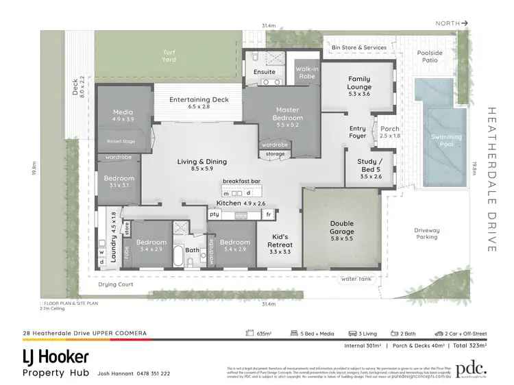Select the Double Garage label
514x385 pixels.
click(x=341, y=227)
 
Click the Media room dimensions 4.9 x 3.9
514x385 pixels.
click(x=123, y=119)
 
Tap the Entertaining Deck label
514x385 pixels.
click(x=198, y=100)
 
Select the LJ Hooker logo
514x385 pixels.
click(x=56, y=357)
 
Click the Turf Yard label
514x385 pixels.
click(x=169, y=55)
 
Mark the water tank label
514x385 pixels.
click(x=356, y=279)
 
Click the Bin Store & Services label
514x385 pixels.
click(x=358, y=48)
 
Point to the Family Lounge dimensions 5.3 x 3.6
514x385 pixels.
click(x=359, y=94)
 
